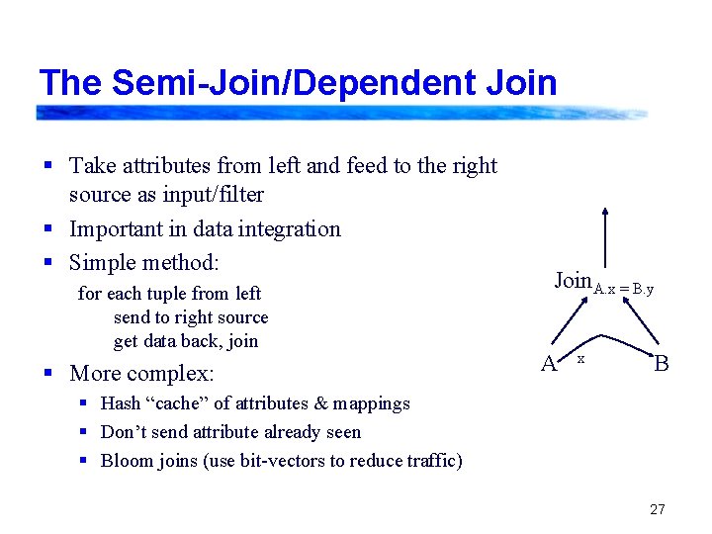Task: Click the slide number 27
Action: coord(658,510)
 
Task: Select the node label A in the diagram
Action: coord(548,364)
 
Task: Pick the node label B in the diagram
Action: coord(662,364)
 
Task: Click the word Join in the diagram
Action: coord(573,281)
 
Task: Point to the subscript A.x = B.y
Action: coord(623,289)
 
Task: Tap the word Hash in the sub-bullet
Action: coord(121,403)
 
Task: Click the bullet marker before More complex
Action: coord(48,375)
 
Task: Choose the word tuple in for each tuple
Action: coord(165,294)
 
